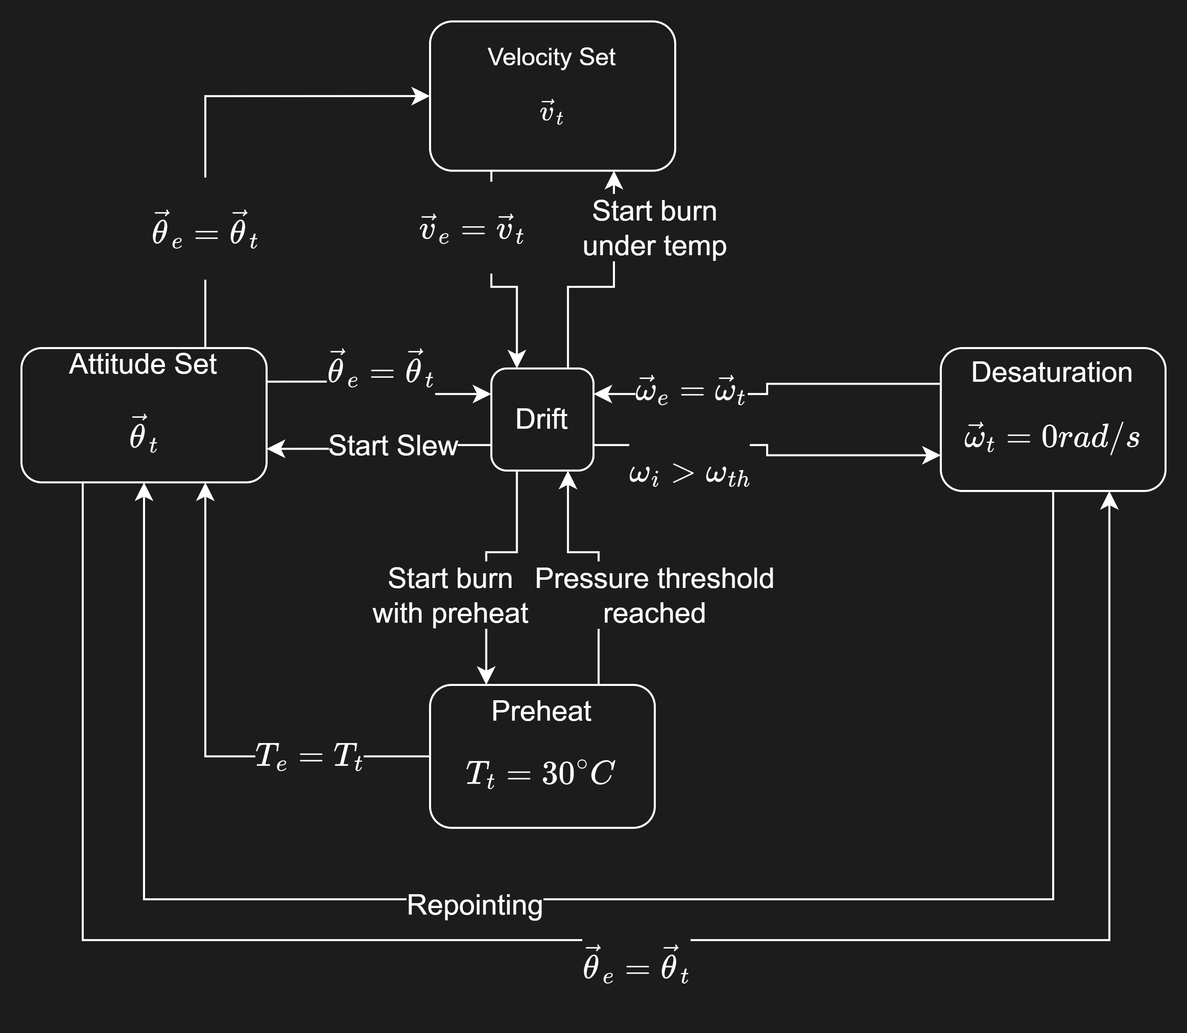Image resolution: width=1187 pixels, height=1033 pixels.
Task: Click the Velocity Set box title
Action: [551, 57]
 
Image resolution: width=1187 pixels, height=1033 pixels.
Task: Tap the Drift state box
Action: [541, 419]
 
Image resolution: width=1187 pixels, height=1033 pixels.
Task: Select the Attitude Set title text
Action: [143, 364]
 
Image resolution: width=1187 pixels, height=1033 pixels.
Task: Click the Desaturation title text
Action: [1051, 372]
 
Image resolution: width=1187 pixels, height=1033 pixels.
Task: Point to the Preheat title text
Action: [541, 711]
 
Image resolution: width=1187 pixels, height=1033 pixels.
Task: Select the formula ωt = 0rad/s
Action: [1051, 436]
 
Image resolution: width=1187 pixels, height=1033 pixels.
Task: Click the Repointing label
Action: [475, 904]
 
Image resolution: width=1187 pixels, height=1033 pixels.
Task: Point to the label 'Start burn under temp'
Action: [654, 228]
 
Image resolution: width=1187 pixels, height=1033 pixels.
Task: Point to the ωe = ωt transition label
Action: [691, 392]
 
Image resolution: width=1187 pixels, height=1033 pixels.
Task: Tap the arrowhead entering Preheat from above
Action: [486, 676]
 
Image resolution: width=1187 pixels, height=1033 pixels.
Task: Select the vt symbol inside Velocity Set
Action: [551, 112]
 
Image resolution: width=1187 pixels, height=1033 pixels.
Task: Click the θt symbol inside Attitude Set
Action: [143, 435]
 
